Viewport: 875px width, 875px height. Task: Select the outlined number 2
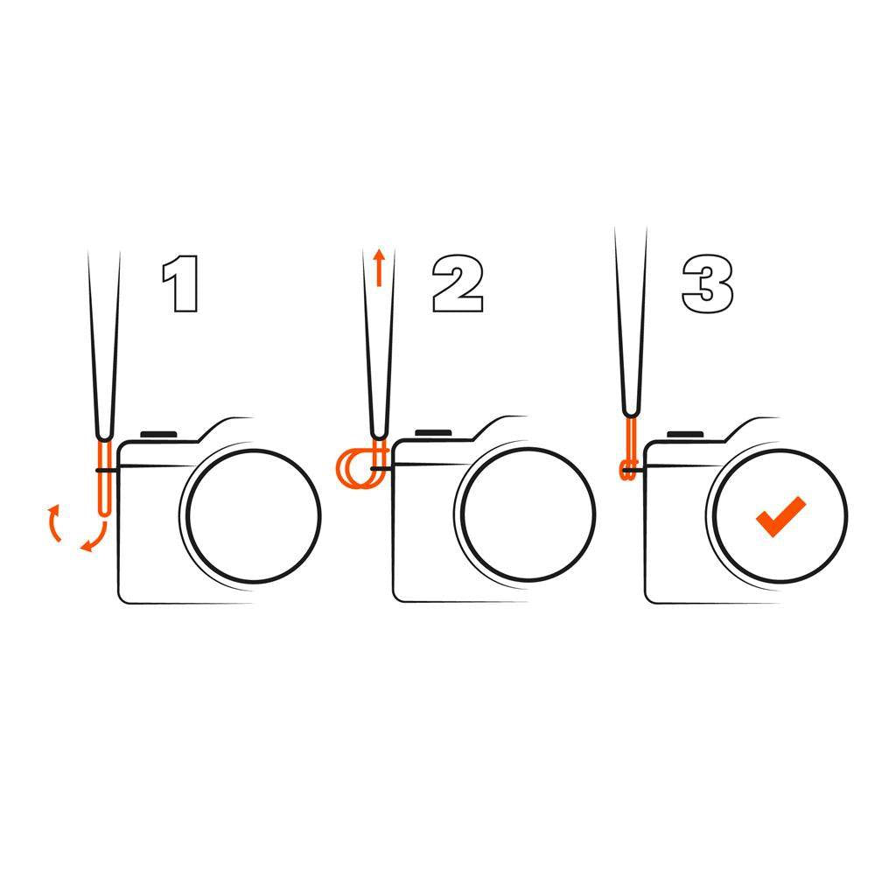point(458,283)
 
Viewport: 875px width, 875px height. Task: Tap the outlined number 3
point(708,283)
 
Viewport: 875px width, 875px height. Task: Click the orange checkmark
point(780,516)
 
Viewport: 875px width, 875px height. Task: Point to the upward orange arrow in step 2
point(379,267)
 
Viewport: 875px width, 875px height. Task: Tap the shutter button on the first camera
point(158,434)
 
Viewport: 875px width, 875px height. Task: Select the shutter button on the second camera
point(433,432)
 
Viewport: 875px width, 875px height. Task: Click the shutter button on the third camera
point(685,434)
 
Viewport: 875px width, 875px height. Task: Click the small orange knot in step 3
point(627,471)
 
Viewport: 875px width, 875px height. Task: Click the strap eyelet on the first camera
point(107,471)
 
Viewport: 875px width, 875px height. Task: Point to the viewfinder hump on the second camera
point(500,428)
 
